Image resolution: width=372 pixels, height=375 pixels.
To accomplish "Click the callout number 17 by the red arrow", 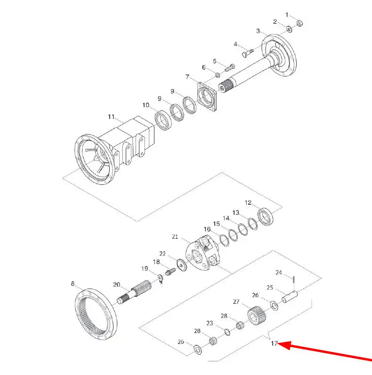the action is pyautogui.click(x=274, y=343).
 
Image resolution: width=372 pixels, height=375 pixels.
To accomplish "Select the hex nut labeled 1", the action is pyautogui.click(x=299, y=24).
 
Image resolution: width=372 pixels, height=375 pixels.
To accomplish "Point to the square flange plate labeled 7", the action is pyautogui.click(x=207, y=96).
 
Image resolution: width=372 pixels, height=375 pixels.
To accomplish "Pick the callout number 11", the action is pyautogui.click(x=111, y=117).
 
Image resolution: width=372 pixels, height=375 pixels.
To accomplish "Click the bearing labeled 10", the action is pyautogui.click(x=163, y=120).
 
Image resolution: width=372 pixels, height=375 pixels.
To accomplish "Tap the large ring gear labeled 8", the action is pyautogui.click(x=96, y=314).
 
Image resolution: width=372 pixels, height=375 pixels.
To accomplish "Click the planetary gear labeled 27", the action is pyautogui.click(x=257, y=316).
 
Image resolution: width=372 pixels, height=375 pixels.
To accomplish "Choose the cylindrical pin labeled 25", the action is pyautogui.click(x=290, y=297).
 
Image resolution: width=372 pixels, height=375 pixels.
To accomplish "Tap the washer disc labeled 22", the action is pyautogui.click(x=182, y=265).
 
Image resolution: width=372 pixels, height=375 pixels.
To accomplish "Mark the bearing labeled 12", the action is pyautogui.click(x=266, y=217).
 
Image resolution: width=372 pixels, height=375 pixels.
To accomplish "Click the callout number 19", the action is pyautogui.click(x=145, y=268).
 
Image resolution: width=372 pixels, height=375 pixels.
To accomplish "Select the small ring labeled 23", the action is pyautogui.click(x=227, y=332).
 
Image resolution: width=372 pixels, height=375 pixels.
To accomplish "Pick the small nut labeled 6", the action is pyautogui.click(x=218, y=75).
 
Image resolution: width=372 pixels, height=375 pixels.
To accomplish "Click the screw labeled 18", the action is pyautogui.click(x=170, y=272).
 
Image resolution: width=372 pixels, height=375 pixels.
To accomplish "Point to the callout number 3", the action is pyautogui.click(x=258, y=31).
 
